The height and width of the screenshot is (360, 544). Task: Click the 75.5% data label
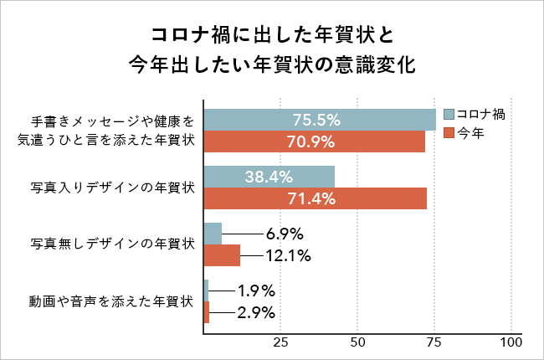click(x=316, y=120)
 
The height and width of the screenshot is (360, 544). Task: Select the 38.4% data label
click(x=269, y=177)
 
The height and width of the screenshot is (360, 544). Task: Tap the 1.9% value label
click(x=256, y=291)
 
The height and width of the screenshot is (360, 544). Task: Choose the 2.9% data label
click(x=256, y=312)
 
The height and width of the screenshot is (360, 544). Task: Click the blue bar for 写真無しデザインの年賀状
click(x=213, y=234)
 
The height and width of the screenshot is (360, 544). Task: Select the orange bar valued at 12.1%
click(x=222, y=255)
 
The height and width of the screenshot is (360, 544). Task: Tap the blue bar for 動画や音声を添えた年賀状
click(x=207, y=291)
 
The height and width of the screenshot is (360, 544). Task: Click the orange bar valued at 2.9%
click(x=208, y=312)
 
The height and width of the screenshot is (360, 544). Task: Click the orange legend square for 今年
click(x=448, y=132)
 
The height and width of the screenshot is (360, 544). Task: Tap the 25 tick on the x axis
click(x=280, y=343)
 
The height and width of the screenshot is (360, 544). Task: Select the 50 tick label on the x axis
click(x=357, y=343)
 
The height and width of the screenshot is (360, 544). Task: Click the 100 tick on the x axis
click(x=511, y=343)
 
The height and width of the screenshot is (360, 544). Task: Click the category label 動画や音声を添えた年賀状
click(x=112, y=301)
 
